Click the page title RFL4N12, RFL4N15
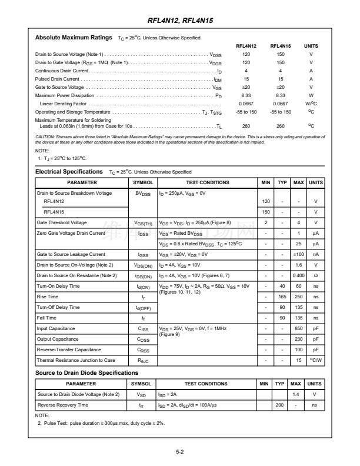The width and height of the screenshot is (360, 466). [180, 21]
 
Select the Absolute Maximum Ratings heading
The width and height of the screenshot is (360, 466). [74, 38]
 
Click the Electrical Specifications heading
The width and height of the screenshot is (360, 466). [69, 172]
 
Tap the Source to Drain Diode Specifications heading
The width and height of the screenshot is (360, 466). [86, 372]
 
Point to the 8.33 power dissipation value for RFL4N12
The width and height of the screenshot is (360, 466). [246, 95]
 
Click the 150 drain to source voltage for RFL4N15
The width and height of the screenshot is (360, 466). [281, 54]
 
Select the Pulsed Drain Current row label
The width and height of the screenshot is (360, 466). [57, 79]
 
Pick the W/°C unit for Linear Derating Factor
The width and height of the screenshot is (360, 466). [311, 104]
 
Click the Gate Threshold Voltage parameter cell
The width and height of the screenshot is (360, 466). [62, 222]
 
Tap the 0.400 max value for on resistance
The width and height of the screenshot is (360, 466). [299, 275]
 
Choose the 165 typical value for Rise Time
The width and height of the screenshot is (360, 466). [282, 297]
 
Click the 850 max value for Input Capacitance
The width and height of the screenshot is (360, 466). [299, 328]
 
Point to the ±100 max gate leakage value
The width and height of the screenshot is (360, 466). [299, 254]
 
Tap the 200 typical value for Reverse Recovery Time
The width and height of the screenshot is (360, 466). [280, 405]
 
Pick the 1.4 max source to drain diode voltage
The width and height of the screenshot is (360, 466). [296, 394]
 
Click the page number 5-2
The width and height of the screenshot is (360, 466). [180, 452]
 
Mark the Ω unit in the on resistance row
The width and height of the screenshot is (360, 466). [316, 275]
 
